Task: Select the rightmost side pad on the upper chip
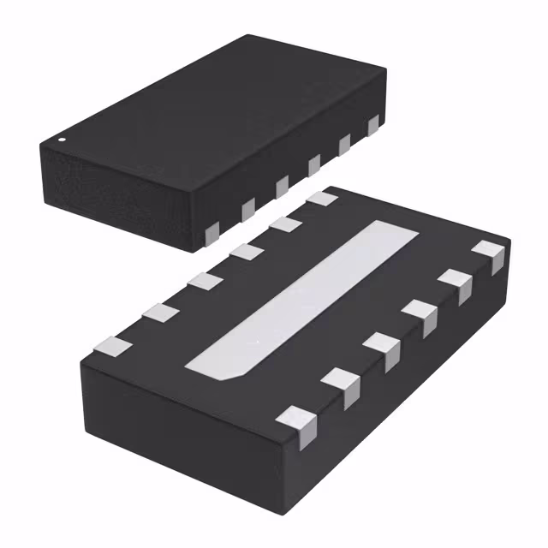(x=373, y=126)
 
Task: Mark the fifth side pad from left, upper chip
(x=344, y=145)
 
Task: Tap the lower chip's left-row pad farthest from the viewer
(x=322, y=199)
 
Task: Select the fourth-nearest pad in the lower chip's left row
(x=247, y=252)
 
